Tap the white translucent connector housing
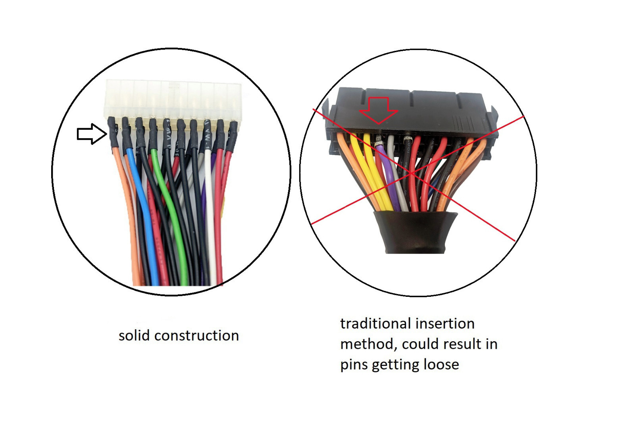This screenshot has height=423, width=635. [173, 99]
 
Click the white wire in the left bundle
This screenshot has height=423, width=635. [210, 222]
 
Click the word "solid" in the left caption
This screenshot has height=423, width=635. [134, 336]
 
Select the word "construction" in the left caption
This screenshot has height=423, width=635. [196, 336]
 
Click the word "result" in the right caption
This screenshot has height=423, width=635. [456, 344]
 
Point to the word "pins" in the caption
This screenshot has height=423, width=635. [354, 365]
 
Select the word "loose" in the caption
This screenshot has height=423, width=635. [441, 364]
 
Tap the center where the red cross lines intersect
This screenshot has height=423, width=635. [413, 173]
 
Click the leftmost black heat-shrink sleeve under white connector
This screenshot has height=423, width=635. [113, 133]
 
